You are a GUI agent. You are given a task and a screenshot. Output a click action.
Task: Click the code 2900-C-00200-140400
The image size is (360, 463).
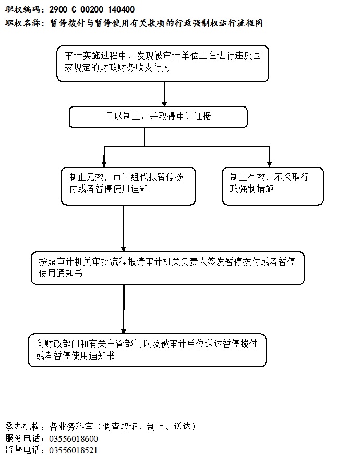pos(92,9)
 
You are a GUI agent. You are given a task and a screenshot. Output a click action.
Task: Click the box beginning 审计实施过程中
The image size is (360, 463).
pos(163,64)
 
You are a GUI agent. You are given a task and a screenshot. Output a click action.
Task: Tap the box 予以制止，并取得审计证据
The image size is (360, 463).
pos(158,117)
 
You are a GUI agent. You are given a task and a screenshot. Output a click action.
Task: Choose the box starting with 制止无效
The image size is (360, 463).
pos(128,186)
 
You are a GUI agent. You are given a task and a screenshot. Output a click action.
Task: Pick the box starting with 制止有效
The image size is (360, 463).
pos(273,186)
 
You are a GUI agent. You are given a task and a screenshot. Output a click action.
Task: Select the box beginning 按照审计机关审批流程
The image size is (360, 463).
pos(167,268)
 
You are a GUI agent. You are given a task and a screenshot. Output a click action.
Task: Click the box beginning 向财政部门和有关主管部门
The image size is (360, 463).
pos(147,350)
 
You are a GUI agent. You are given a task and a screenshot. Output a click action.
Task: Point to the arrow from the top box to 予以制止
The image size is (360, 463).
pos(164,94)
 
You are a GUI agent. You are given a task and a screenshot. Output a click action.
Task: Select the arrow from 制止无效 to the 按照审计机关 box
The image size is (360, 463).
pos(124,228)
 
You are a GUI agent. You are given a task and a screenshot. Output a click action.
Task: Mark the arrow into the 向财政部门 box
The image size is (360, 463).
pos(124,309)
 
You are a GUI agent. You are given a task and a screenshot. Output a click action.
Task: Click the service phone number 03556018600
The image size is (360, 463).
pos(74,438)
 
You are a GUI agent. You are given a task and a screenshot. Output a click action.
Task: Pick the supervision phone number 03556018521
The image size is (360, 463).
pos(73,450)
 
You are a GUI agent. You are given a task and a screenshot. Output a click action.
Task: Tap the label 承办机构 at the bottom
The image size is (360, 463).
pos(22,426)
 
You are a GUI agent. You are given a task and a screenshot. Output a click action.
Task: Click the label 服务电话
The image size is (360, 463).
pos(22,438)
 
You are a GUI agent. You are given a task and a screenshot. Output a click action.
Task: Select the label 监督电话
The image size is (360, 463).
pos(22,450)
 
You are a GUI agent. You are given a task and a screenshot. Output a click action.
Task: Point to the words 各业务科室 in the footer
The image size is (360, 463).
pos(71,426)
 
